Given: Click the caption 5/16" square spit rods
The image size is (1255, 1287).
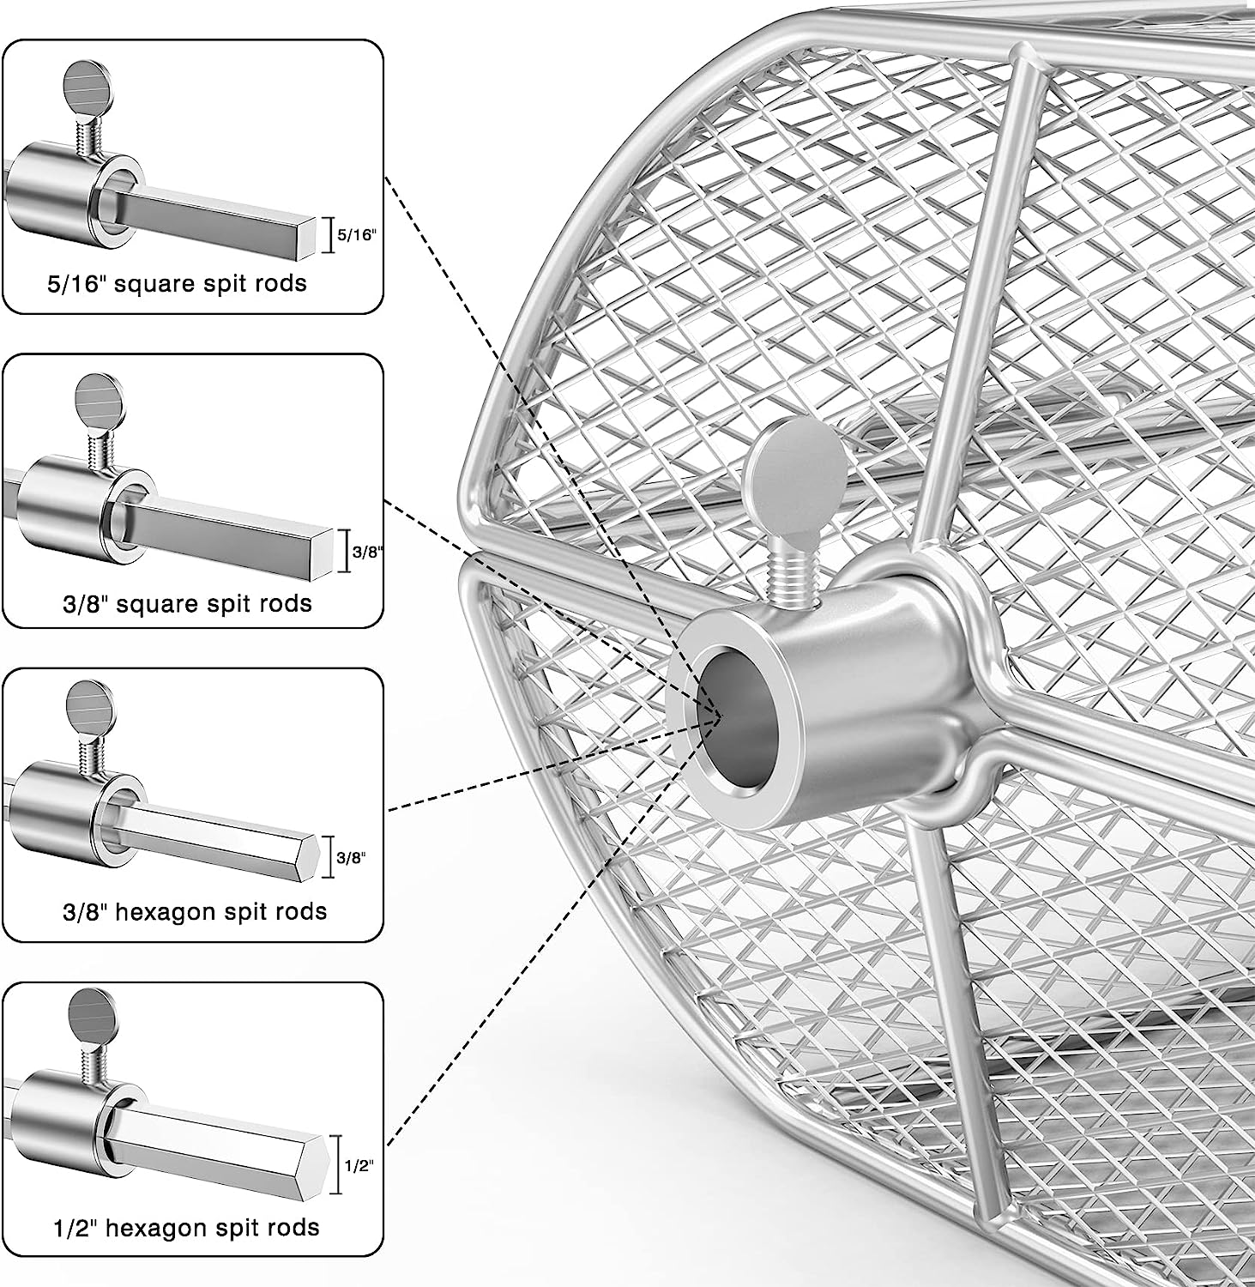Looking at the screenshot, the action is coord(177,283).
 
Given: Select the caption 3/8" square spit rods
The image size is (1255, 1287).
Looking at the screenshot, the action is coord(187,603).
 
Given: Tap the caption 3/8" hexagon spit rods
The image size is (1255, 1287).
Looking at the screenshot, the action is coord(196,910).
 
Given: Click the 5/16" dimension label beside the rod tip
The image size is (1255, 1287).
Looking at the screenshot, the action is coord(357,235).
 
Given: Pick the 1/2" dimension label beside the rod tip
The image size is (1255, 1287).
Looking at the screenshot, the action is coord(359,1166).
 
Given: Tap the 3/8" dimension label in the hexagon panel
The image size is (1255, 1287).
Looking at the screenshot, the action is coord(350,856).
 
